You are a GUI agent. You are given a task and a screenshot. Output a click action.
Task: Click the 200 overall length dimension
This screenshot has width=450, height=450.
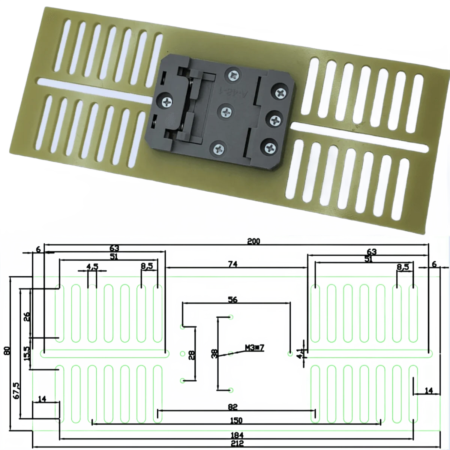(253, 241)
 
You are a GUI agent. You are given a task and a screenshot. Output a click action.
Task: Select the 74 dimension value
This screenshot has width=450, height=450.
(232, 264)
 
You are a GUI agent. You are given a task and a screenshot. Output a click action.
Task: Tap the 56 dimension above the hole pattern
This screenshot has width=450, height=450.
(232, 299)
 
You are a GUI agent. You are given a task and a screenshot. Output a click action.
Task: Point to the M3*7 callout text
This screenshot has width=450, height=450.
(255, 348)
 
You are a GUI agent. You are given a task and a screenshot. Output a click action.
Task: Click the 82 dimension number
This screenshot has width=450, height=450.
(232, 406)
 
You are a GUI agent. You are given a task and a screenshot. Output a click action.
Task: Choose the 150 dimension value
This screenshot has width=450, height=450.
(236, 420)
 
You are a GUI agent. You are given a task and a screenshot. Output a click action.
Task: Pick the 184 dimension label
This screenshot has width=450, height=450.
(237, 435)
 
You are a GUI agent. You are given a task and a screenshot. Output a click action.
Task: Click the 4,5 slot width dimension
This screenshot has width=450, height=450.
(92, 267)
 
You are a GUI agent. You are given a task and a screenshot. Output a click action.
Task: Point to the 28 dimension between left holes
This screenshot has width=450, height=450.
(192, 354)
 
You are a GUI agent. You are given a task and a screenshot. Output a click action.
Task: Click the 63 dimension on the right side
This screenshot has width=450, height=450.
(371, 251)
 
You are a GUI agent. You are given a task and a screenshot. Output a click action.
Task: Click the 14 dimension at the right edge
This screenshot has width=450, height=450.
(429, 390)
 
